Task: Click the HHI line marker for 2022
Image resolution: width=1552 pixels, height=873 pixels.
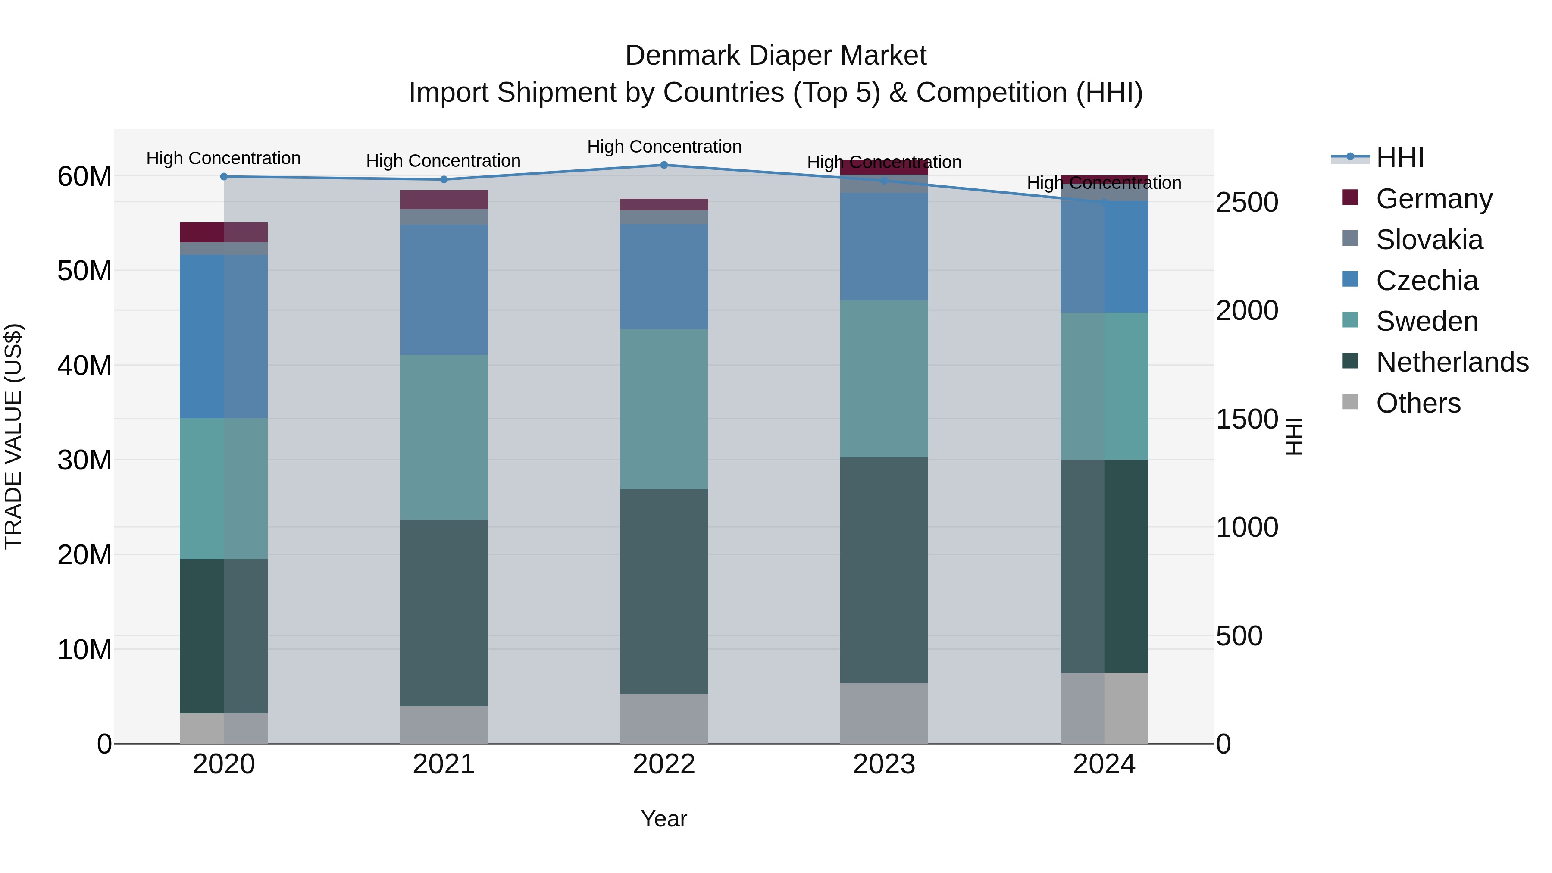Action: coord(664,165)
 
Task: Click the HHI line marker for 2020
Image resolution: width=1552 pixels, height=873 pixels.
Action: coord(223,176)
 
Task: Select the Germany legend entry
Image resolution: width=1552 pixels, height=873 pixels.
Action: coord(1434,199)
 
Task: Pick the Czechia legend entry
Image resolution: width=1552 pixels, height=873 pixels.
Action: coord(1427,281)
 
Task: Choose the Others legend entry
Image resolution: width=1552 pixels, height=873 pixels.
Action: coord(1418,403)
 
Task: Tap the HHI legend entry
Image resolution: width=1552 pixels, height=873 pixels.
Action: coord(1399,158)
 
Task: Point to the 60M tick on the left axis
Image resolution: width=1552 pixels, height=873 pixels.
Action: coord(84,176)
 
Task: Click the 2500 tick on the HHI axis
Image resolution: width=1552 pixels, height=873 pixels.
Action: coord(1246,203)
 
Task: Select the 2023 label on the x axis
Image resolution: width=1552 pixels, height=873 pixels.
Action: coord(884,764)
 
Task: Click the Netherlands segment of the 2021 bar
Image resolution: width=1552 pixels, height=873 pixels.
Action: coord(444,613)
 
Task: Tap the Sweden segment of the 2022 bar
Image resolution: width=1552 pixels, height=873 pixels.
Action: coord(664,409)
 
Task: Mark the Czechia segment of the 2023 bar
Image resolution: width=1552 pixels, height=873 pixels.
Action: coord(884,247)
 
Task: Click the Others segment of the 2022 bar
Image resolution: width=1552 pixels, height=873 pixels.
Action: coord(664,719)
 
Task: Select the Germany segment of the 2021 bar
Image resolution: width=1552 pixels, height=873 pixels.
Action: coord(444,200)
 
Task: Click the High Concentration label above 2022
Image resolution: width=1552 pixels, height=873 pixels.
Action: coord(664,147)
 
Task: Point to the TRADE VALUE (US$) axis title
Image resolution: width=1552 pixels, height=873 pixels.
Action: coord(13,436)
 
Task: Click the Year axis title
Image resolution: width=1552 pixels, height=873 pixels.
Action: coord(664,819)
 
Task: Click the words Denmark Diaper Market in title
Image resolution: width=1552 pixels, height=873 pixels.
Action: coord(776,56)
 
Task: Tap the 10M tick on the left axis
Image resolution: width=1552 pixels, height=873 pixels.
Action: coord(84,650)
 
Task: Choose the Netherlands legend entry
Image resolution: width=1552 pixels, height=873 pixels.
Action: coord(1452,362)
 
